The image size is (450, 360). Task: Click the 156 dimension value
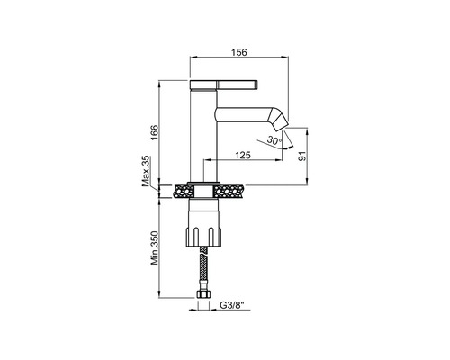pos(239,52)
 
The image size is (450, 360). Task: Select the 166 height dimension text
pos(153,133)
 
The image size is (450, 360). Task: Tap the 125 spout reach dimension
pos(243,155)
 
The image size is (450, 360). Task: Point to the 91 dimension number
pos(302,156)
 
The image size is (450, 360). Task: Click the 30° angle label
pos(274,139)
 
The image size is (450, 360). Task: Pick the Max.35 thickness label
pos(146,172)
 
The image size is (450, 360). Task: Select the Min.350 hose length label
pos(154,247)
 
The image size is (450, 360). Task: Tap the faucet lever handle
pos(223,85)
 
